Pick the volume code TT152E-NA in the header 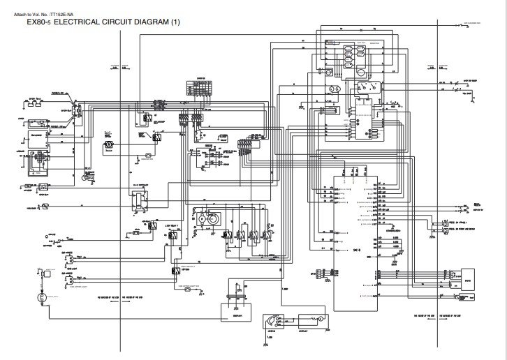coord(66,12)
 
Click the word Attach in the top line coord(22,12)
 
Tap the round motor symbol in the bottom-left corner coord(41,297)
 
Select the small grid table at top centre coord(198,88)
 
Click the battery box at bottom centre coord(236,310)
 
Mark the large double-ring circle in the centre coord(203,218)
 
